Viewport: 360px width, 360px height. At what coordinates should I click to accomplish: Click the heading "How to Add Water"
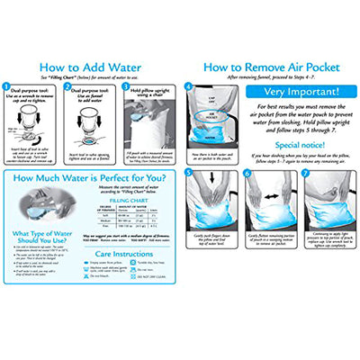pos(90,66)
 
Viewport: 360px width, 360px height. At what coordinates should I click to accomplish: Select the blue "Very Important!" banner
pos(301,92)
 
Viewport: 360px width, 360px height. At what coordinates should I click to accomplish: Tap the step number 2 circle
pos(66,88)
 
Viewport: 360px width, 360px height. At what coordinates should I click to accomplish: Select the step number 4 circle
pos(188,87)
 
